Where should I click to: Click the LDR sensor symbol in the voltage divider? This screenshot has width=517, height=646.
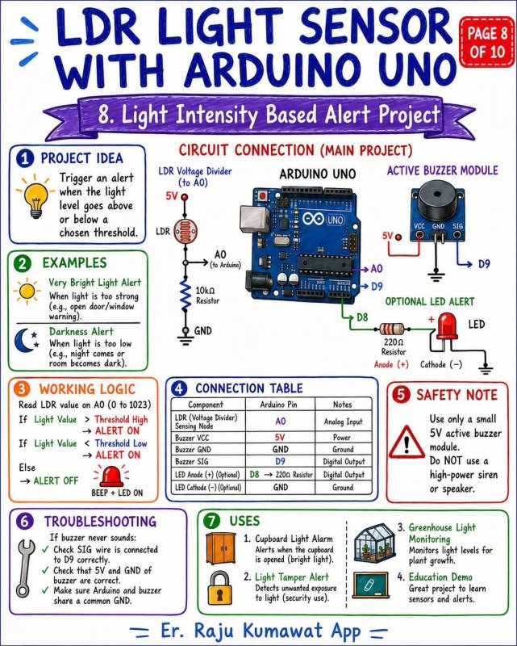pos(185,231)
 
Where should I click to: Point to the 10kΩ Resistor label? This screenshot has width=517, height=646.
pos(207,296)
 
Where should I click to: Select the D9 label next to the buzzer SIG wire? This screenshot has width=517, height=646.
pos(484,264)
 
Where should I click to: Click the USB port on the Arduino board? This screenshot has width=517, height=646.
pos(253,217)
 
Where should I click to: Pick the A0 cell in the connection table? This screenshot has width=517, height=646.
pos(280,421)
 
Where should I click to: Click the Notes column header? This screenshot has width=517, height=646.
pos(343,405)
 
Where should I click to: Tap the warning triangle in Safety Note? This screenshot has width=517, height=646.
pos(407,443)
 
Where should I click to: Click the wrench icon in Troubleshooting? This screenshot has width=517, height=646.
pos(25,568)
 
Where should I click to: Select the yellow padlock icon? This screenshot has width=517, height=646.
pos(219,588)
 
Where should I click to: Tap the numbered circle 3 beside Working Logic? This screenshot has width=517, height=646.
pos(22,388)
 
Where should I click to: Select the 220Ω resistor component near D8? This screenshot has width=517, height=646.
pos(392,329)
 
